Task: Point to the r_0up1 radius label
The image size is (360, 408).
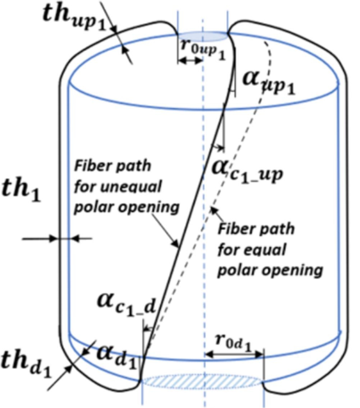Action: (x=203, y=49)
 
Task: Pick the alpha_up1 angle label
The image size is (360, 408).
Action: (x=269, y=83)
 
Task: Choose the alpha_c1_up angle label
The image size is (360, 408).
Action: (x=248, y=171)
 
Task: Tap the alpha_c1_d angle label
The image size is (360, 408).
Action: (x=127, y=305)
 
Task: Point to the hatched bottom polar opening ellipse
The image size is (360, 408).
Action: (x=202, y=382)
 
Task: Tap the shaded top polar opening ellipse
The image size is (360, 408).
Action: (x=203, y=37)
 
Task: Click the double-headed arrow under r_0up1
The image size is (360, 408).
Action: (x=190, y=60)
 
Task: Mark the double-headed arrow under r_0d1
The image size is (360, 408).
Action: (x=234, y=354)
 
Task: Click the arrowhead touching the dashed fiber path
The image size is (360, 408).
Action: (x=214, y=210)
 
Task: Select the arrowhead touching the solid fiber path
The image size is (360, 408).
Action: (x=175, y=243)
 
